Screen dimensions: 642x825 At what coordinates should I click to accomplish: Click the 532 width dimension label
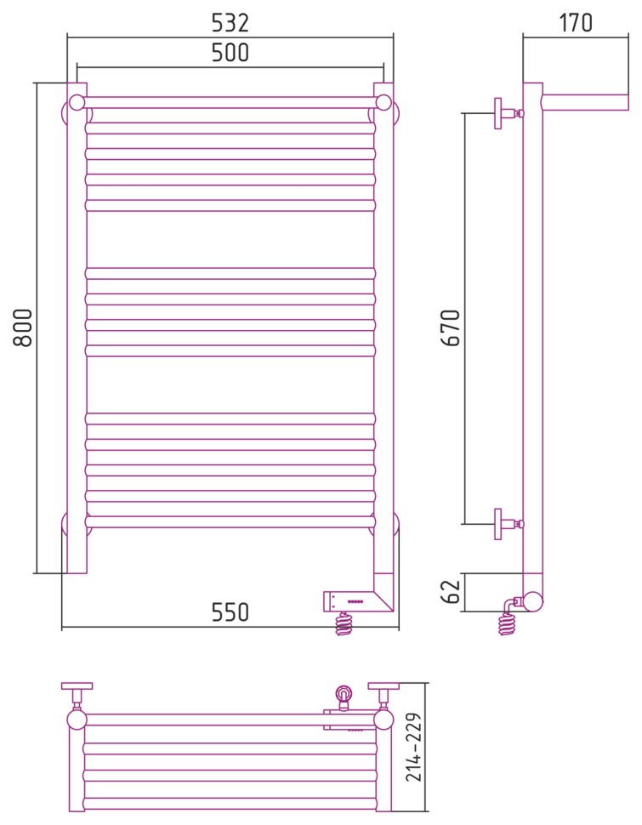click(230, 23)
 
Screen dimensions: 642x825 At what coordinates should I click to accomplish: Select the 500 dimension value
click(230, 53)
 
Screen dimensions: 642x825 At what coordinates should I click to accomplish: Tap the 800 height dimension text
click(23, 327)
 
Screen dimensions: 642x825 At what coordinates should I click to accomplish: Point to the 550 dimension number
click(230, 612)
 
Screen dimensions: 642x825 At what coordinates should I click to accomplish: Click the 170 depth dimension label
click(576, 23)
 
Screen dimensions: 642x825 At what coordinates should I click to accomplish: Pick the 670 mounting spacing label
click(451, 327)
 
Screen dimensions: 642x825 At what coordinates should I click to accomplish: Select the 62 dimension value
click(451, 591)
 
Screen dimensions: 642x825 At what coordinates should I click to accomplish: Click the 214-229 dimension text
click(414, 747)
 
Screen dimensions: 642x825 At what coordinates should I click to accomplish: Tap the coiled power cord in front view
click(344, 624)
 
